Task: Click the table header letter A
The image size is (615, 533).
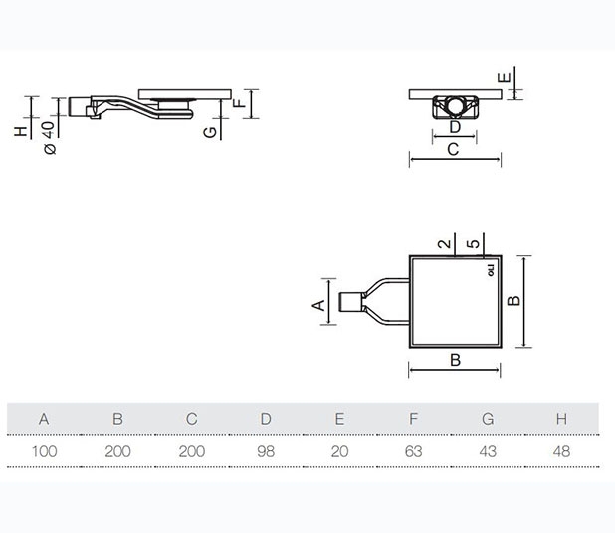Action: tap(44, 419)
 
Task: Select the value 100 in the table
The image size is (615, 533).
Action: tap(44, 451)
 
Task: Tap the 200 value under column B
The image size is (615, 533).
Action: tap(117, 451)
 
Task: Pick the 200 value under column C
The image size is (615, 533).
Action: tap(191, 451)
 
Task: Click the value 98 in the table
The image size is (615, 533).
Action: tap(266, 451)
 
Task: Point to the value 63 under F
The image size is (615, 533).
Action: tap(413, 451)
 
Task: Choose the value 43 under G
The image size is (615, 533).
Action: tap(487, 451)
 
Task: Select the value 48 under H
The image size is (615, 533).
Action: tap(561, 451)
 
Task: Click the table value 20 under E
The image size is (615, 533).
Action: tap(339, 451)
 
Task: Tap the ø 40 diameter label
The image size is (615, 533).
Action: tap(47, 133)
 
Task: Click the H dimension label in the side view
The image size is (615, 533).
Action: tap(21, 131)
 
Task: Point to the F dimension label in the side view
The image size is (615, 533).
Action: tap(239, 102)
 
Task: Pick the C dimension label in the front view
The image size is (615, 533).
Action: tap(452, 150)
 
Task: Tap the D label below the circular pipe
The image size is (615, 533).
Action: tap(454, 127)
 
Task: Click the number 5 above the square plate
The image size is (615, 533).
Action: tap(477, 243)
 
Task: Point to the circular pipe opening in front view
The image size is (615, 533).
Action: tap(455, 105)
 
